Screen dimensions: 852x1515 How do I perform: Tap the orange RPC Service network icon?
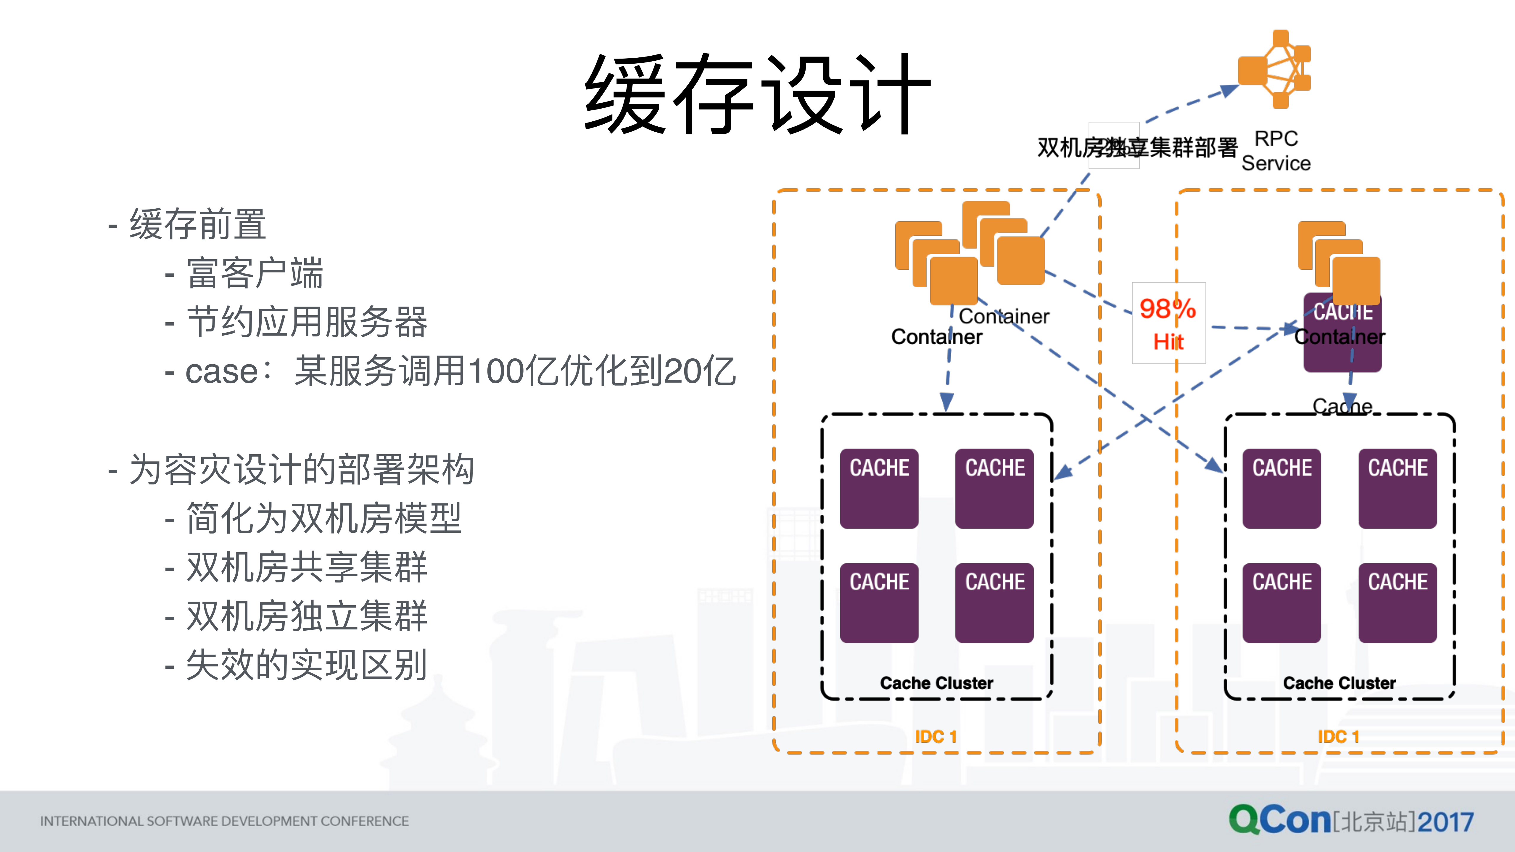(x=1275, y=69)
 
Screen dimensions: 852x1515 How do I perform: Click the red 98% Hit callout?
(x=1168, y=323)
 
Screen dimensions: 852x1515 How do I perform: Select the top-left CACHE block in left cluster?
(x=879, y=488)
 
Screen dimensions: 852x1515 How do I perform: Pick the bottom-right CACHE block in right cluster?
(x=1398, y=603)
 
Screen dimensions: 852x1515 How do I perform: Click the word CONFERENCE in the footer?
(x=365, y=821)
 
